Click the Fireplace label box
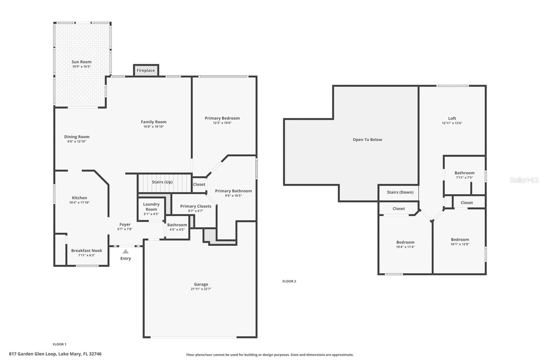point(146,71)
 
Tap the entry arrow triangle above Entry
point(126,251)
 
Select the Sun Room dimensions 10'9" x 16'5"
point(81,67)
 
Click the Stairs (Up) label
point(162,182)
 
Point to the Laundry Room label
point(151,206)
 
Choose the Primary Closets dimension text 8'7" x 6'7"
point(196,211)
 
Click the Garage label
point(201,284)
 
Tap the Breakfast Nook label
point(86,251)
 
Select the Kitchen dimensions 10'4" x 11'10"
point(80,203)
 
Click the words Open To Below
point(367,139)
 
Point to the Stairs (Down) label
point(400,192)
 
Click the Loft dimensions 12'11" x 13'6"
point(452,123)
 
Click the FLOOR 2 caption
point(289,281)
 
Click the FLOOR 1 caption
point(59,344)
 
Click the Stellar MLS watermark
point(524,180)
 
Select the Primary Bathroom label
point(233,191)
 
